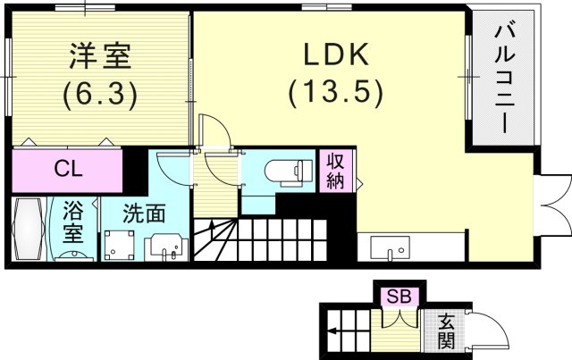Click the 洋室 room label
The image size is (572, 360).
100,56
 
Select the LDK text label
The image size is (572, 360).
335,56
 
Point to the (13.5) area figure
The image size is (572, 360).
335,92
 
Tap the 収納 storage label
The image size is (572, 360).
336,170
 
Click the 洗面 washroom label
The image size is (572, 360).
142,214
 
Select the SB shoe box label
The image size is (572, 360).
400,295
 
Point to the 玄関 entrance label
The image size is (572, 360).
446,331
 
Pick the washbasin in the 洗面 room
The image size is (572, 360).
166,246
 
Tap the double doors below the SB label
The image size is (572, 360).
400,318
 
